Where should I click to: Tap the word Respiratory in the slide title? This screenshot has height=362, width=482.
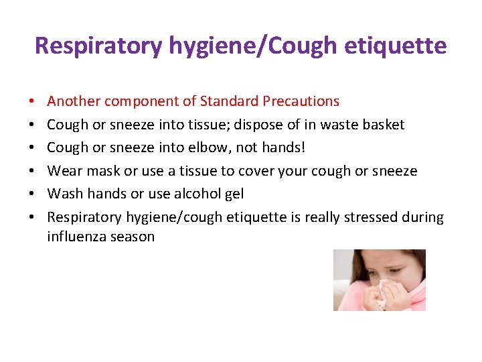click(x=98, y=46)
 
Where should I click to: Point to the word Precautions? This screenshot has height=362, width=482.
click(x=301, y=102)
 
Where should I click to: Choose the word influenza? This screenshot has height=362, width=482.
click(x=76, y=237)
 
